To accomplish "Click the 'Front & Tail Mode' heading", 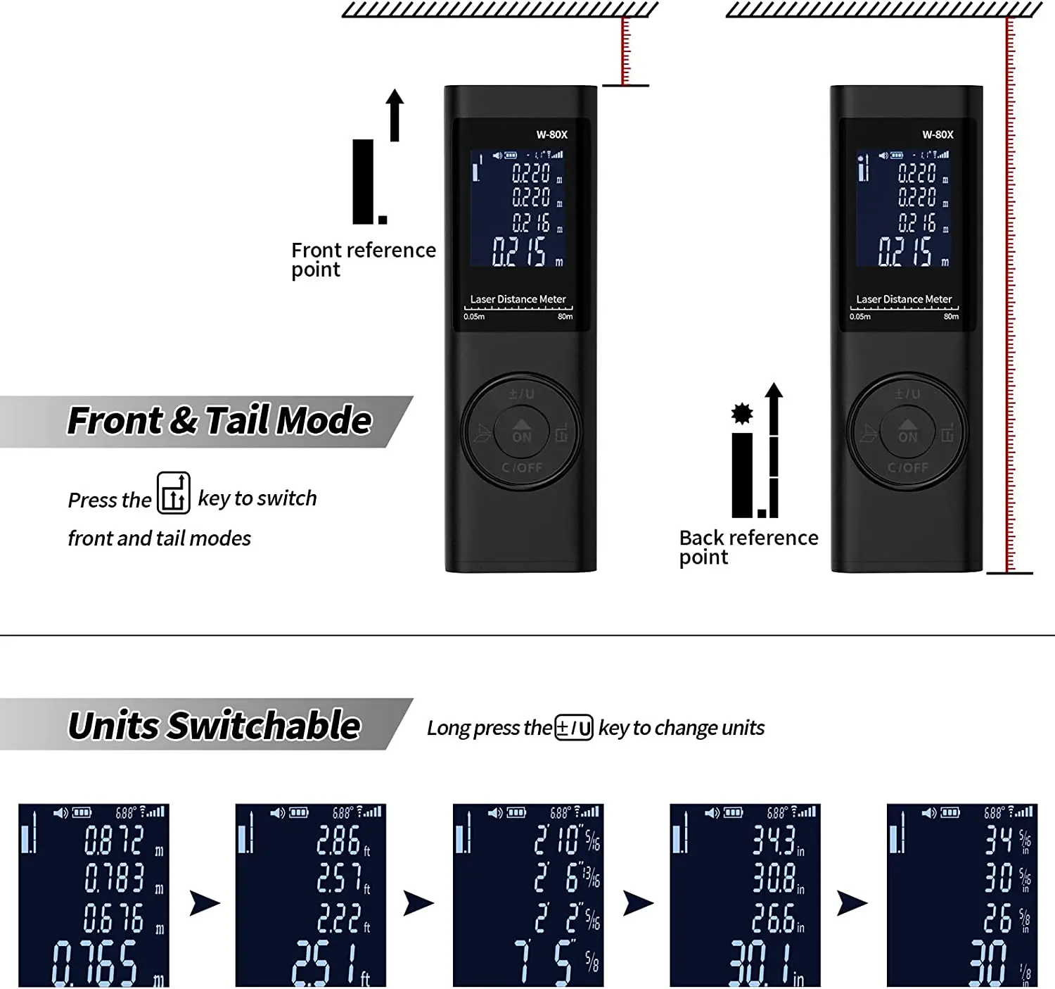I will click(219, 421).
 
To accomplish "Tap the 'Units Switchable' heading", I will click(214, 726).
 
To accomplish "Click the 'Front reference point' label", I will click(363, 260).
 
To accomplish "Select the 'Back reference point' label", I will click(748, 547).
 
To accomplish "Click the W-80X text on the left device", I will click(551, 134).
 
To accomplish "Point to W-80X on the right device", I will click(938, 134).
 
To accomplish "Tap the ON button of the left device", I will click(522, 431).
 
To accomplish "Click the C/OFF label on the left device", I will click(522, 467).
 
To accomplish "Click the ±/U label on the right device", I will click(907, 394).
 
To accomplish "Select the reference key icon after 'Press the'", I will click(174, 493).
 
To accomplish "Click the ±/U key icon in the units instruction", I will click(574, 727).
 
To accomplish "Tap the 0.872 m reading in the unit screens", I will click(115, 840).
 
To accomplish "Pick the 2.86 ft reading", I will click(340, 840).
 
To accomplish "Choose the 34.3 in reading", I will click(774, 840).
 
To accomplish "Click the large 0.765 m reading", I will click(96, 963).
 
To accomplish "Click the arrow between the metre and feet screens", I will click(205, 902).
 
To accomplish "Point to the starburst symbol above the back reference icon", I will click(742, 413).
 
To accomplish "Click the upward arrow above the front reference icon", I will click(395, 115).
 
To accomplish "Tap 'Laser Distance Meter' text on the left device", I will click(518, 299).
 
